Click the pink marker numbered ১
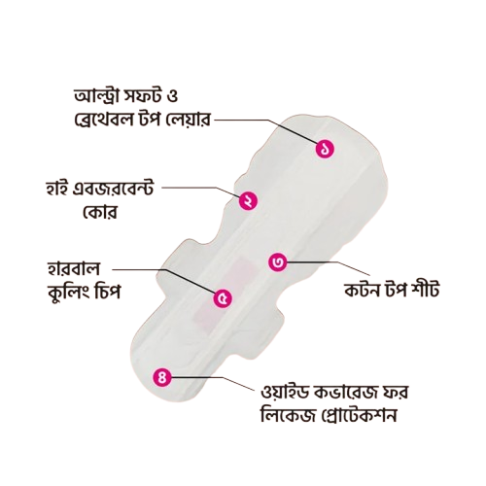(325, 149)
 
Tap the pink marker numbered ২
(248, 201)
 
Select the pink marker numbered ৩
(278, 261)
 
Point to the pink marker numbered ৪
(162, 377)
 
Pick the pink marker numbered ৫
(223, 298)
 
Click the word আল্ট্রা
(98, 96)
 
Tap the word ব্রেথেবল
(104, 120)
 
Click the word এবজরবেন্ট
(114, 189)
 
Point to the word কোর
(100, 212)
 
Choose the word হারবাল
(74, 268)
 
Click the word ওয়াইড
(284, 393)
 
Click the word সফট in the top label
(144, 96)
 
